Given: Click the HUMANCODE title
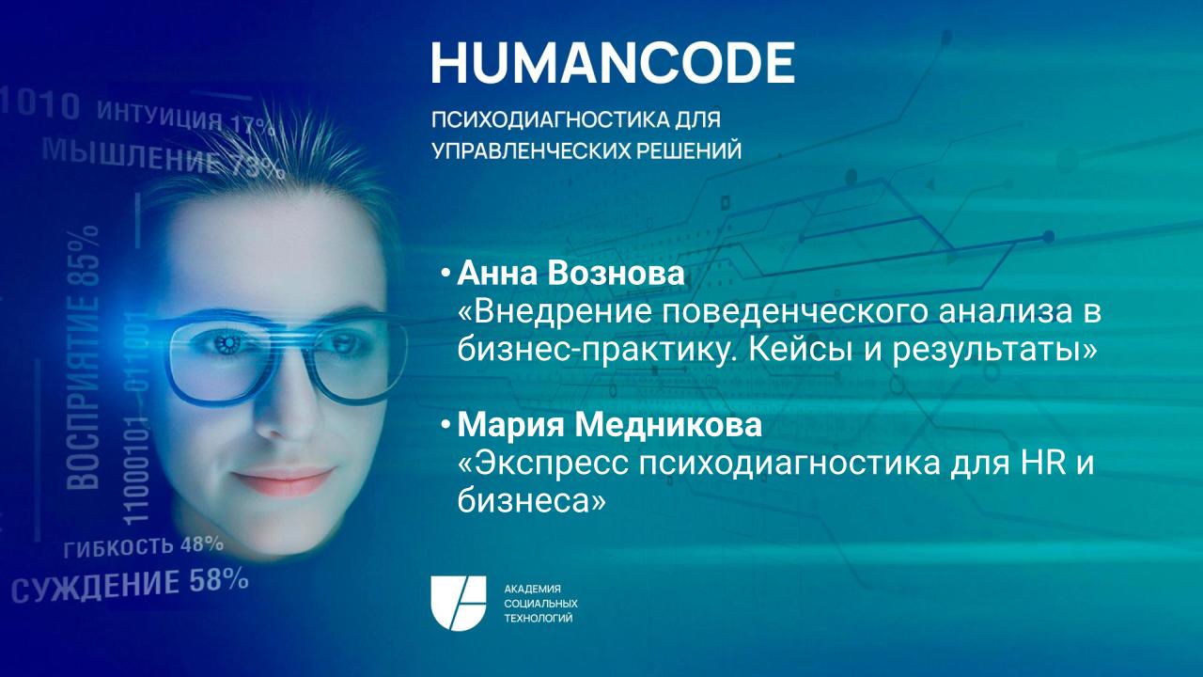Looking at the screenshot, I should pos(613,62).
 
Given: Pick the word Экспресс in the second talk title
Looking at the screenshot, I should pos(539,464).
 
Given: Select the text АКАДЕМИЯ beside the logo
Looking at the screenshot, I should pos(532,588).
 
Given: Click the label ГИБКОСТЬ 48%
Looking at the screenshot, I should pos(143,545).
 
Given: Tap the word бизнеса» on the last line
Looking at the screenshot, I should pos(530,502).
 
